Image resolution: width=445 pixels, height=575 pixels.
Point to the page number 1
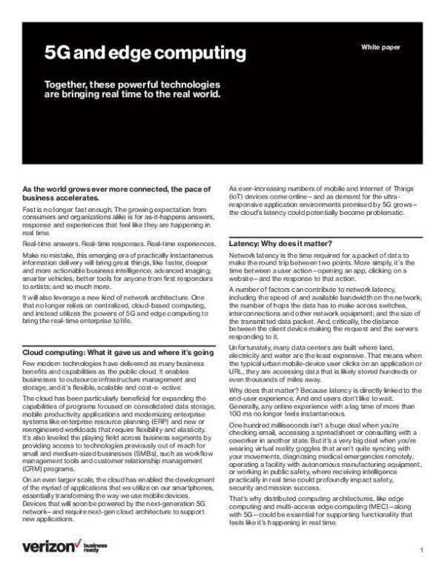point(421,551)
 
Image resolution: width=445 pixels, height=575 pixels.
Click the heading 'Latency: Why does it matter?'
point(280,244)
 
